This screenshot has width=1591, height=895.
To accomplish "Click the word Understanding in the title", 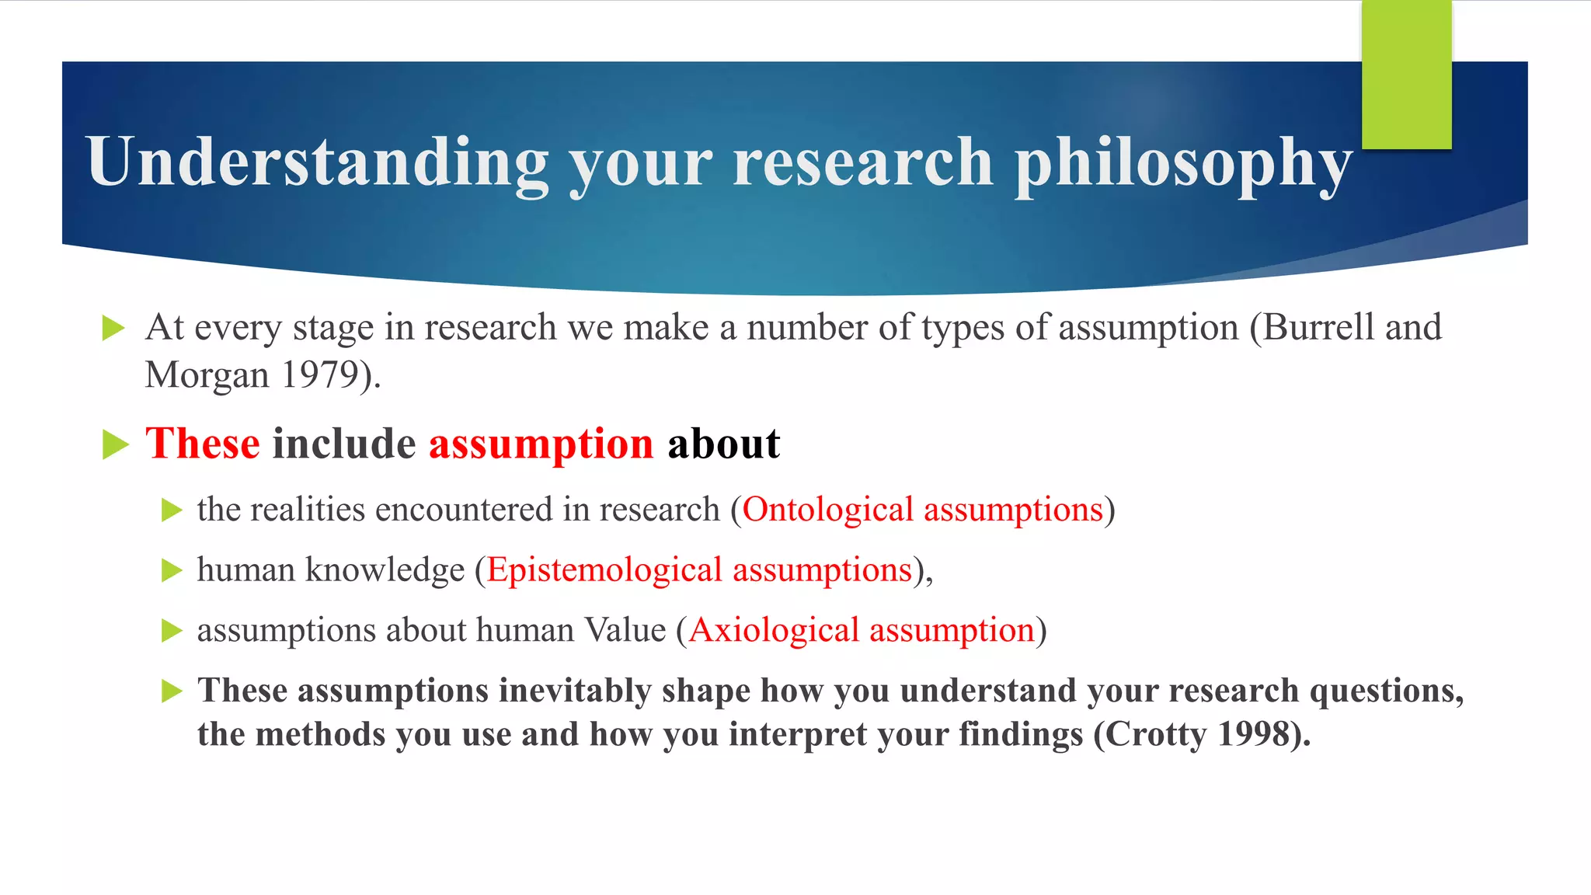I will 318,162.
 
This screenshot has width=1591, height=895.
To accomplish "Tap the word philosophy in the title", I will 1183,163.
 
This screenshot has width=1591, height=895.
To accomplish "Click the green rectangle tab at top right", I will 1406,75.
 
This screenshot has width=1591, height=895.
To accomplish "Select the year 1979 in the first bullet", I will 319,375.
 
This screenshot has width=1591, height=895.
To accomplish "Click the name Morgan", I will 207,375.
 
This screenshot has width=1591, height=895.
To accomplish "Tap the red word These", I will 202,444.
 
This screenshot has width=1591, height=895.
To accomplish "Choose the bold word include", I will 344,444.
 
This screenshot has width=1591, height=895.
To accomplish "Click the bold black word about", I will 723,444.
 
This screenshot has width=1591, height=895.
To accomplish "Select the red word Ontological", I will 827,510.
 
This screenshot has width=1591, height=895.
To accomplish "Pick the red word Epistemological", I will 604,570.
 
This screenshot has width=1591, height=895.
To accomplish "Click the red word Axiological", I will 774,630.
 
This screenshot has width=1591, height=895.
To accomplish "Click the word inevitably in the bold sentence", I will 575,691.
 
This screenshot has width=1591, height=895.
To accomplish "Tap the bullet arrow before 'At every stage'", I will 113,328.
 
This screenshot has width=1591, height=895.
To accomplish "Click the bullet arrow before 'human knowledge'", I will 172,571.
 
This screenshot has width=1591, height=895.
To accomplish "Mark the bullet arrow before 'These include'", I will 115,445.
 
